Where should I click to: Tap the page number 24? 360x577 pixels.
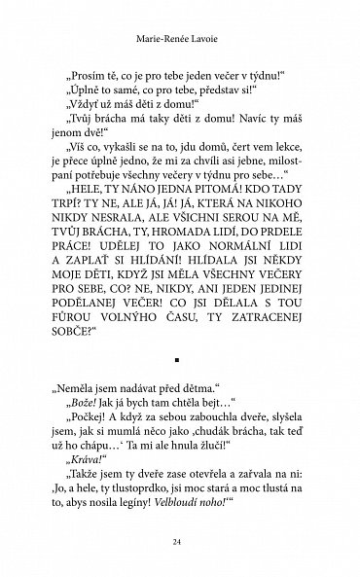[179, 542]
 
